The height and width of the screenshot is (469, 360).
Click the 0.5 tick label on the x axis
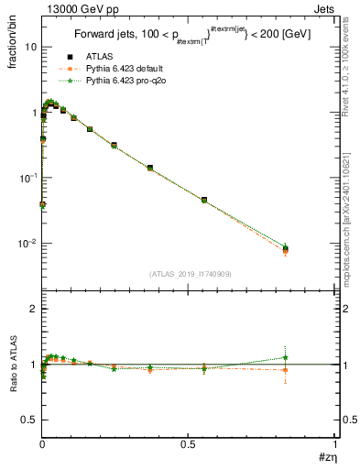(189, 443)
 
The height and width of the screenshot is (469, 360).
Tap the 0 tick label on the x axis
(42, 443)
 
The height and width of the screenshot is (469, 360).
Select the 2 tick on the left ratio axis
(34, 310)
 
